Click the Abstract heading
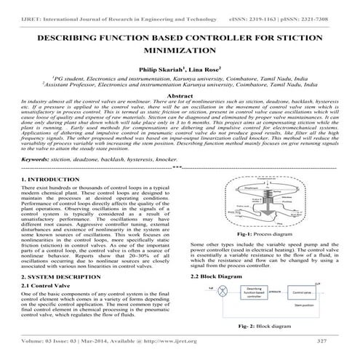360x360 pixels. coord(180,96)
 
